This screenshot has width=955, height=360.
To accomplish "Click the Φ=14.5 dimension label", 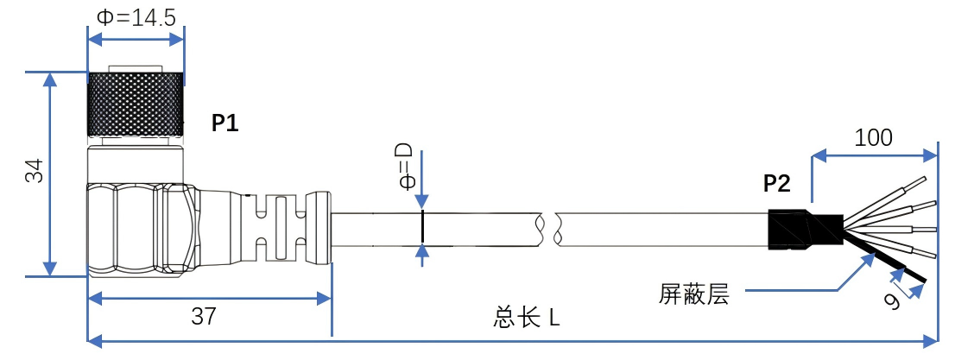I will coord(136,17).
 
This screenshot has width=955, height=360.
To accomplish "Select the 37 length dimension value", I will coord(204,317).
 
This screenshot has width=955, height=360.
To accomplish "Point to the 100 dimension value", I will coord(873,137).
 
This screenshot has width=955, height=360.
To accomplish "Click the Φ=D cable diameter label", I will coord(404,170).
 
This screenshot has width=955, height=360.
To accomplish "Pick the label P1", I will coord(225,123).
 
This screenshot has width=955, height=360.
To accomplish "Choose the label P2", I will coord(776,183).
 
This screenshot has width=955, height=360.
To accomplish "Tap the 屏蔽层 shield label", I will coord(693,295).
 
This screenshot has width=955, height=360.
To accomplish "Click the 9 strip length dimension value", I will coord(895,300).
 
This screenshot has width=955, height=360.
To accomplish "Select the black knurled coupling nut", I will coord(136,104).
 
